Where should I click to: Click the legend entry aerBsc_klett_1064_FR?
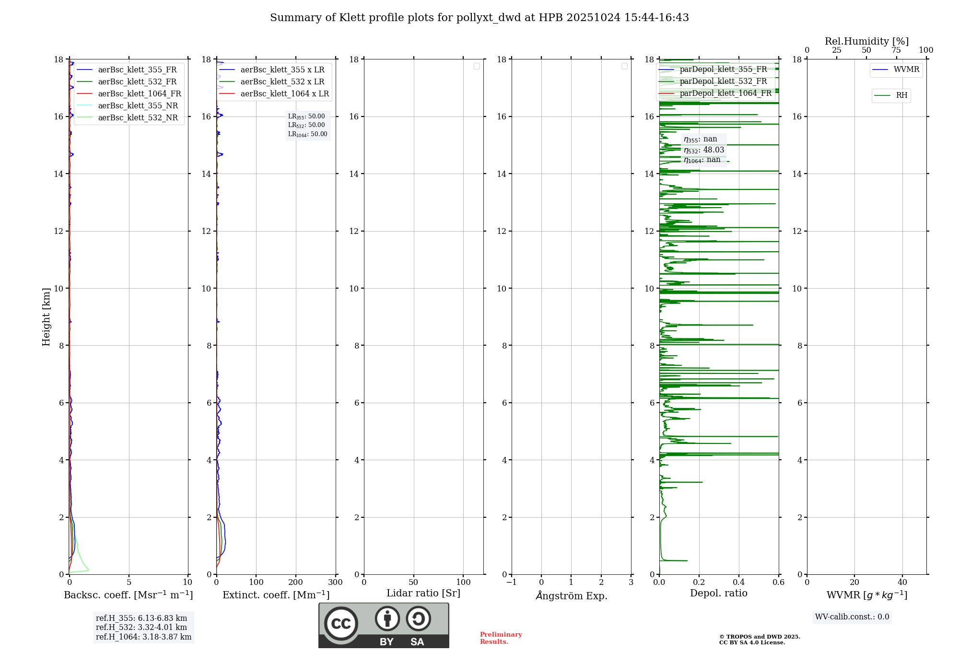(x=139, y=93)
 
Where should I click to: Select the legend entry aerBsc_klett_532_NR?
(x=138, y=117)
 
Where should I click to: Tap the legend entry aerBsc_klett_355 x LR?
(x=282, y=70)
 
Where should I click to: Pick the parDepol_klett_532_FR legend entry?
(x=723, y=81)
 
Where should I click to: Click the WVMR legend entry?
(x=906, y=70)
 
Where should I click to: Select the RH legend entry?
(x=901, y=95)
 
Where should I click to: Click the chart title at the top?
(x=479, y=18)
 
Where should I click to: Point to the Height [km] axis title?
(x=46, y=317)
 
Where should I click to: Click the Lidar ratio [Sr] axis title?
(x=423, y=593)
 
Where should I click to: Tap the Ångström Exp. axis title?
(x=571, y=595)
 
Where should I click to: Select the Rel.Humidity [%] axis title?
(x=866, y=41)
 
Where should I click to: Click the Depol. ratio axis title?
(x=718, y=593)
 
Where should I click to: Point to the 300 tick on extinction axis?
(x=335, y=582)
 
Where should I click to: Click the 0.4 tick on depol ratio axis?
(x=738, y=582)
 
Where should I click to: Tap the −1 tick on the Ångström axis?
(x=512, y=582)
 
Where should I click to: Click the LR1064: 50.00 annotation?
(x=307, y=134)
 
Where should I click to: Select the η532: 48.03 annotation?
(x=704, y=150)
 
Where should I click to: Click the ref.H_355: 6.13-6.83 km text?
(x=141, y=618)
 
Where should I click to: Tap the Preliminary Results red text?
(x=501, y=638)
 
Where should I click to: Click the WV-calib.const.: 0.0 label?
(x=852, y=617)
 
